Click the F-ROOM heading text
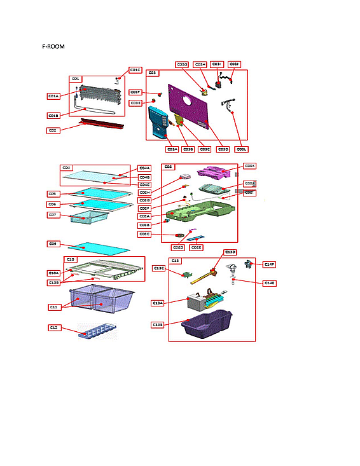(x=53, y=47)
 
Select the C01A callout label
(x=53, y=96)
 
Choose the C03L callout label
(x=241, y=149)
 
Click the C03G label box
(x=182, y=64)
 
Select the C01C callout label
(x=135, y=70)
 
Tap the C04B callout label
(x=144, y=176)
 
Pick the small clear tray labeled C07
(x=88, y=219)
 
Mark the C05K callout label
(x=250, y=166)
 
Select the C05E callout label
(x=197, y=247)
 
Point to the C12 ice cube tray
(x=97, y=331)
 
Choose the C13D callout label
(x=230, y=252)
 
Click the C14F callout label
(x=270, y=263)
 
